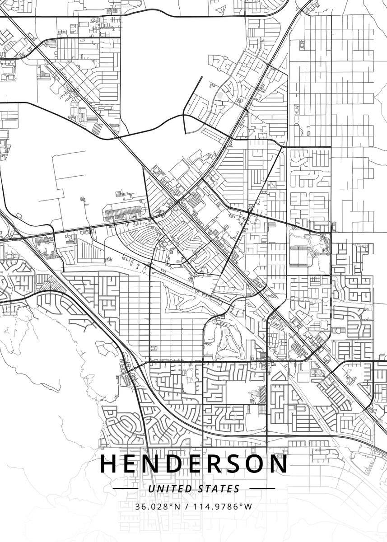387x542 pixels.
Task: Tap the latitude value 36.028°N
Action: [x=157, y=506]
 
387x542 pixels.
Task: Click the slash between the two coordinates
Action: [x=187, y=506]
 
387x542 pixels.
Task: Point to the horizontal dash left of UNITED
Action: [x=125, y=489]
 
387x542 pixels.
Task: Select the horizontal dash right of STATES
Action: [x=262, y=489]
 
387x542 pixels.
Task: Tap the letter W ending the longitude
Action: [x=248, y=506]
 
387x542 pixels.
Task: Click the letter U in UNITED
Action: [x=151, y=489]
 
